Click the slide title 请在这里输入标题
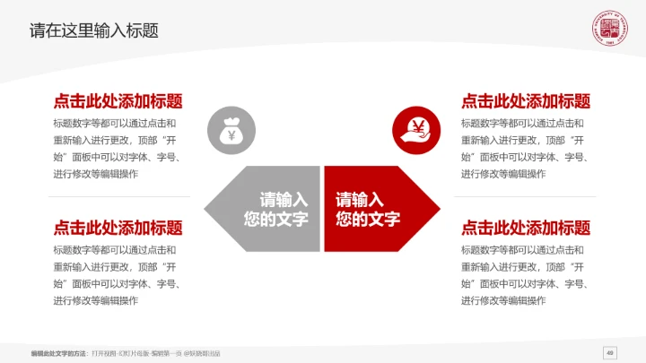point(94,30)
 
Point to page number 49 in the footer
point(610,352)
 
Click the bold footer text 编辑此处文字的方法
point(59,353)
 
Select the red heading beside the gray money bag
point(118,101)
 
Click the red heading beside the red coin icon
point(526,101)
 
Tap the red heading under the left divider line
point(118,228)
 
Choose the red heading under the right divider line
point(526,228)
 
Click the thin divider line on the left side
point(118,196)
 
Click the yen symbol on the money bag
point(231,135)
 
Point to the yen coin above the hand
point(417,125)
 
